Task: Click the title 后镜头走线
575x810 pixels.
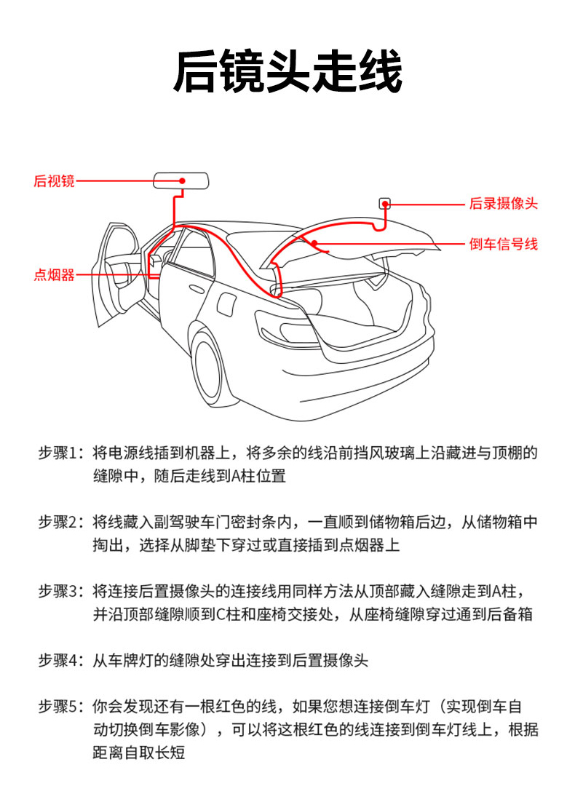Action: tap(287, 71)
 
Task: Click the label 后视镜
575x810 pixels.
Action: tap(54, 181)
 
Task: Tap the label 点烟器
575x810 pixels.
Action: tap(54, 275)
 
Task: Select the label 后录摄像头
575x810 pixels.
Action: tap(503, 204)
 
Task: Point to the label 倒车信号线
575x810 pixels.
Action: tap(503, 245)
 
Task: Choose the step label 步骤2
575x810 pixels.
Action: tap(61, 522)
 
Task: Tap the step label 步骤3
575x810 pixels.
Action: tap(61, 591)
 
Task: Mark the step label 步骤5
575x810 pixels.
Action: tap(61, 706)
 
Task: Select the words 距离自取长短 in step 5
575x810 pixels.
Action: tap(138, 753)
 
